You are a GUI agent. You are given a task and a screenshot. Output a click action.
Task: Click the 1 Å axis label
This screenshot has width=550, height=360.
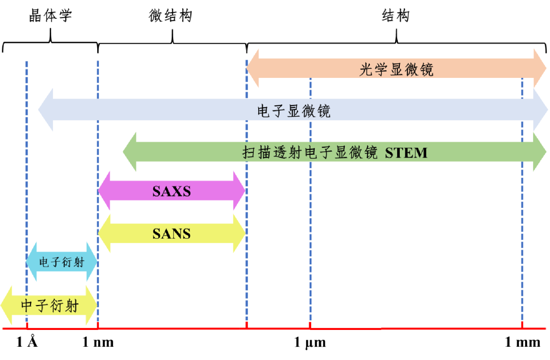(x=27, y=342)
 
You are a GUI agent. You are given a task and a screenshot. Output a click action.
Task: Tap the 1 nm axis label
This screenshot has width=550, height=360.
(x=98, y=342)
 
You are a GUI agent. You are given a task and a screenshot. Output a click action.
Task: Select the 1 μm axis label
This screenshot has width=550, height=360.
(x=310, y=342)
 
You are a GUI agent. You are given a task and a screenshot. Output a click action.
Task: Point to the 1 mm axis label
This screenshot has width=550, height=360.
(x=522, y=342)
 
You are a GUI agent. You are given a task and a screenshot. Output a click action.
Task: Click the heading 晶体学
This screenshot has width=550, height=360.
(x=50, y=16)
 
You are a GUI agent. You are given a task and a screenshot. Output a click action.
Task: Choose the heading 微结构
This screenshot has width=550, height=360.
(x=171, y=16)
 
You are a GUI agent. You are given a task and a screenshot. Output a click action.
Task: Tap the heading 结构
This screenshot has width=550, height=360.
(x=396, y=16)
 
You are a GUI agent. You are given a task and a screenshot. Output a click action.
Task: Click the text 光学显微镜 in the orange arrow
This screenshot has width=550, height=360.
(x=397, y=69)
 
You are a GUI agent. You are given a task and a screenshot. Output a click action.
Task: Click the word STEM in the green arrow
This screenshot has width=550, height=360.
(x=406, y=152)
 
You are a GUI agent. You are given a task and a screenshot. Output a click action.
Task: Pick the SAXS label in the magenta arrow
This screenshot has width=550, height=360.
(x=172, y=191)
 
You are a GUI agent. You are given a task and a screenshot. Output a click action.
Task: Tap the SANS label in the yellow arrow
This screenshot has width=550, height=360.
(x=172, y=234)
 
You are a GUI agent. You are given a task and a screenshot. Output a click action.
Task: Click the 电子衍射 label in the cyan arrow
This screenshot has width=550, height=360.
(x=62, y=263)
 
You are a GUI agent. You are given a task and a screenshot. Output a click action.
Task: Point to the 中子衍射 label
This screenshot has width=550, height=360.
(x=50, y=306)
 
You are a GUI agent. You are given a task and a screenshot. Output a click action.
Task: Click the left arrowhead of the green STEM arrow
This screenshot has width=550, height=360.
(x=130, y=152)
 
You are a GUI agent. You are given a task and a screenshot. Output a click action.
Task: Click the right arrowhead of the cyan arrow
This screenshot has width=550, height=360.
(x=91, y=262)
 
